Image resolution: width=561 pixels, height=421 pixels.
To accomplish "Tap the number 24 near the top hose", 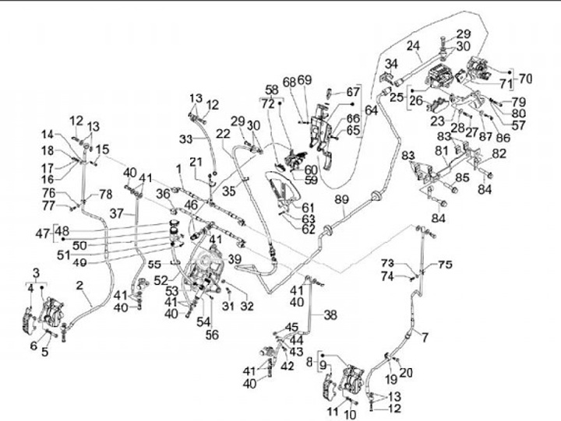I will pyautogui.click(x=413, y=45).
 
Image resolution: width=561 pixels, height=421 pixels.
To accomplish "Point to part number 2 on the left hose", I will pyautogui.click(x=79, y=286).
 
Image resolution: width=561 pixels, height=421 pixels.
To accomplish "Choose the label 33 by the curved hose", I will pyautogui.click(x=185, y=139).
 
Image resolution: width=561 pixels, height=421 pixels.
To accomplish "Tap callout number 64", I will pyautogui.click(x=371, y=111).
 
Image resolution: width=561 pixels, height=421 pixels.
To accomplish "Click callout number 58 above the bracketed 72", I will pyautogui.click(x=271, y=89).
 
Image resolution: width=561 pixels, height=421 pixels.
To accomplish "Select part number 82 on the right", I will pyautogui.click(x=499, y=153).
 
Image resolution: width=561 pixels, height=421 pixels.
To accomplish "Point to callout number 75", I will pyautogui.click(x=444, y=265).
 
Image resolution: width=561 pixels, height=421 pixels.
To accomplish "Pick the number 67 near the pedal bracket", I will pyautogui.click(x=354, y=92).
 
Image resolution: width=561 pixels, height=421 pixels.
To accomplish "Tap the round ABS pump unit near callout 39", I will pyautogui.click(x=206, y=269).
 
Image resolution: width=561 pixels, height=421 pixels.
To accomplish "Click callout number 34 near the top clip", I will pyautogui.click(x=391, y=63).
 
